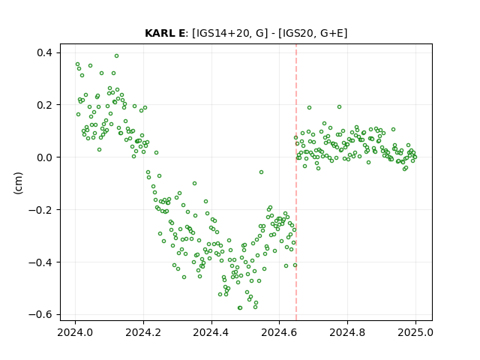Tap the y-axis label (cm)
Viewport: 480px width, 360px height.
click(x=18, y=183)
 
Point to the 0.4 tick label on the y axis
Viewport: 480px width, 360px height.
click(x=45, y=52)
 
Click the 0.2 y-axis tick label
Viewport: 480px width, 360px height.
click(x=45, y=105)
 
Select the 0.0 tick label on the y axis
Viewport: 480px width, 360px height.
click(x=45, y=157)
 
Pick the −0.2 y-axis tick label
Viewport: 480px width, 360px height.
click(x=40, y=210)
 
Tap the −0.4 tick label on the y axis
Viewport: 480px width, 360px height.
click(x=40, y=262)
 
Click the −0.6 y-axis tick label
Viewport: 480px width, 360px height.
click(x=40, y=315)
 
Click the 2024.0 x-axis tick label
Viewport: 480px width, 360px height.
click(x=75, y=332)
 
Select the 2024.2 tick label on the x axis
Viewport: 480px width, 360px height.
click(x=143, y=332)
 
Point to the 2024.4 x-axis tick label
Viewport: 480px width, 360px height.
click(x=211, y=332)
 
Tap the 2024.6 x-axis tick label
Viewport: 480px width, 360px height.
click(x=279, y=332)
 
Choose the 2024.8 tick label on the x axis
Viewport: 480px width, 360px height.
click(x=347, y=332)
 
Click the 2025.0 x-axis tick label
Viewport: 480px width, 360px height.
click(x=415, y=332)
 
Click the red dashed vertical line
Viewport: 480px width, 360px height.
click(x=296, y=182)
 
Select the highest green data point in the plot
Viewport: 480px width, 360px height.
click(x=117, y=55)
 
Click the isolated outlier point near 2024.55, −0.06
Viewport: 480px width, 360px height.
click(x=261, y=172)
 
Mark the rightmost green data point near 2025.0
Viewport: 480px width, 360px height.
click(x=415, y=157)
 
